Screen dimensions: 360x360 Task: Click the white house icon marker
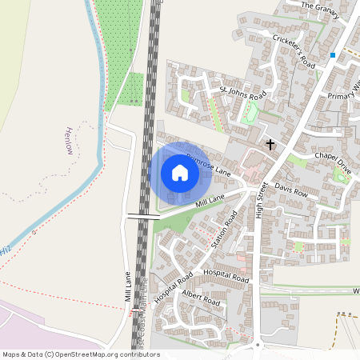coord(180,173)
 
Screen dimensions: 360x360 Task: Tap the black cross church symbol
coord(270,145)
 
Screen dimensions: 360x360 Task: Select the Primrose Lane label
coord(208,164)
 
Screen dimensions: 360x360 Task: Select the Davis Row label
coord(291,191)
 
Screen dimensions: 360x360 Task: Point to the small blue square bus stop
coord(333,55)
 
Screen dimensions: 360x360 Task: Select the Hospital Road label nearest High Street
coord(226,274)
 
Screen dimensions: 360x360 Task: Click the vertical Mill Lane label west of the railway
coord(128,286)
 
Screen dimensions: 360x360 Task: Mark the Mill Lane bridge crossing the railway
coord(143,216)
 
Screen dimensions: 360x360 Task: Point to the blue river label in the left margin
coord(6,250)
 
